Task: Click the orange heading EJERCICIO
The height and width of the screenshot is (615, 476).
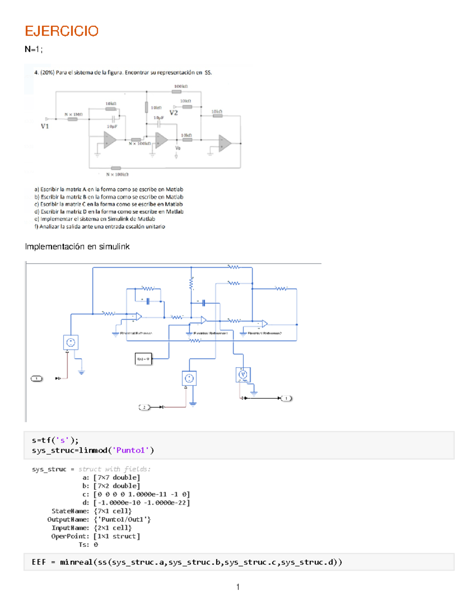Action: tap(61, 31)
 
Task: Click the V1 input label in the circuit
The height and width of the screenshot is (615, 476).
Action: tap(45, 126)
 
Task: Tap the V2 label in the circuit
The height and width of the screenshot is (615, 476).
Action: tap(174, 113)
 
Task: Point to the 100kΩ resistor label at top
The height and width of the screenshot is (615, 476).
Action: tap(181, 86)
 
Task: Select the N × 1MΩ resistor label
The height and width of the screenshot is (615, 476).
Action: tap(74, 114)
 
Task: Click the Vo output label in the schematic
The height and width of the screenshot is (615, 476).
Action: tap(178, 148)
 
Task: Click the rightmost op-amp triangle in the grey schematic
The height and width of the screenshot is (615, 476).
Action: tap(225, 143)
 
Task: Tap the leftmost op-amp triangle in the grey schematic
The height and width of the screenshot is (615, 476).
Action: tap(109, 140)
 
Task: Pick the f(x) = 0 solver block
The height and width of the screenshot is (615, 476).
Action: tap(143, 359)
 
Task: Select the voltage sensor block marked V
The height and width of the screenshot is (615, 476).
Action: tap(243, 375)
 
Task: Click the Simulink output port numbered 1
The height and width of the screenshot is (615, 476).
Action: tap(286, 398)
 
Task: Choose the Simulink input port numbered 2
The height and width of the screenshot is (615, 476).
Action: tap(144, 407)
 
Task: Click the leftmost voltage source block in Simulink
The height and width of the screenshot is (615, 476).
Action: tap(71, 343)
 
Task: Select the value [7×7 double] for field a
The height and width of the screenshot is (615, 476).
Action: tap(117, 478)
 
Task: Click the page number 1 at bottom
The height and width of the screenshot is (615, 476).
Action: tap(238, 587)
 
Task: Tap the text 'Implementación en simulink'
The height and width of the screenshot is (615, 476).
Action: tap(77, 247)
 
